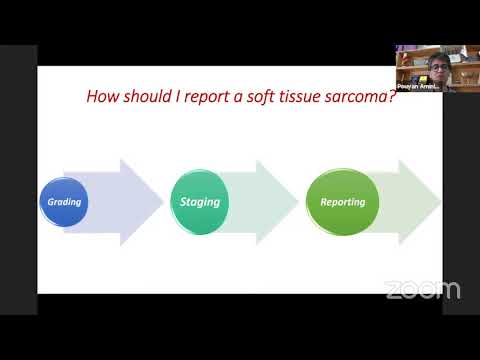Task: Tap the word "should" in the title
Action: coord(146,98)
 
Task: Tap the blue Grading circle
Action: coord(64,202)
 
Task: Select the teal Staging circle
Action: coord(199,202)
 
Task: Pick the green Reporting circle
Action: coord(342,202)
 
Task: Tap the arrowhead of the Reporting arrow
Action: coord(420,202)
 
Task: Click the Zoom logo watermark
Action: coord(422,290)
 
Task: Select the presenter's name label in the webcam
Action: coord(417,87)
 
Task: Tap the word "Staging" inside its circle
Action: coord(199,202)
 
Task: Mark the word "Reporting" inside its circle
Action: coord(342,202)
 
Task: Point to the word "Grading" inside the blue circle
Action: coord(64,202)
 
